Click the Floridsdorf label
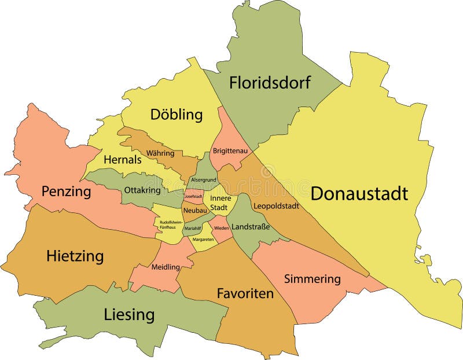(x=270, y=83)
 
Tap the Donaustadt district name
(x=359, y=193)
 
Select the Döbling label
(x=177, y=115)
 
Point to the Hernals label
(x=122, y=160)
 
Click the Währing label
(x=160, y=153)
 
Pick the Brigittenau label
(x=230, y=151)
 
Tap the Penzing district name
(x=66, y=192)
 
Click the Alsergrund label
(x=204, y=180)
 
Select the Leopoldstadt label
(x=275, y=205)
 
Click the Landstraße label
(x=250, y=227)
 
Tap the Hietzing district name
(x=75, y=255)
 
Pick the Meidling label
(x=165, y=267)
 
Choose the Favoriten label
(x=245, y=293)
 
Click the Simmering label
(x=312, y=279)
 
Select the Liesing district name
(x=129, y=315)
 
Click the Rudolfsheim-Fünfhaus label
(x=169, y=225)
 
